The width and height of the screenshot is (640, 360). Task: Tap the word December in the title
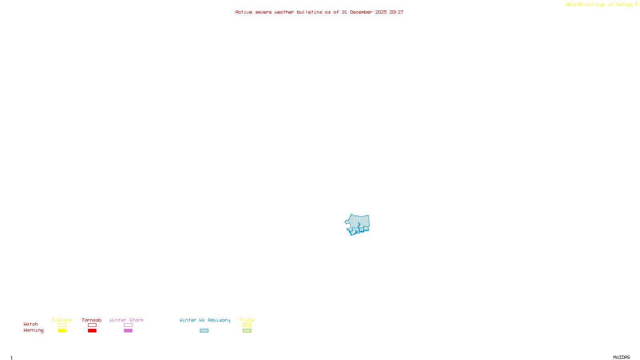click(x=361, y=12)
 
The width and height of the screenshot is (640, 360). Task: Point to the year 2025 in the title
click(x=381, y=12)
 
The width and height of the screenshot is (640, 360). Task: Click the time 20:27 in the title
click(x=396, y=12)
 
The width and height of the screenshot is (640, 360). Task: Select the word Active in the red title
click(x=244, y=12)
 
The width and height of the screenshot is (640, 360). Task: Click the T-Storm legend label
click(x=62, y=320)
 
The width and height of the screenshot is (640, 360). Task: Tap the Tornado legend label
click(x=92, y=320)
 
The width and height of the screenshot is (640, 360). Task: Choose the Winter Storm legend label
click(x=126, y=320)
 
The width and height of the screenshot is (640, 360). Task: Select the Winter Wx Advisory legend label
click(x=205, y=320)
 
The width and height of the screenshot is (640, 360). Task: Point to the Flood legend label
click(x=247, y=320)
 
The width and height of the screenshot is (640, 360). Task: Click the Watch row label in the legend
click(x=31, y=324)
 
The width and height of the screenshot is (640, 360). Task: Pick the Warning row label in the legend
click(x=34, y=330)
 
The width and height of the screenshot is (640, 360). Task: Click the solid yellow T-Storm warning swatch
click(x=62, y=331)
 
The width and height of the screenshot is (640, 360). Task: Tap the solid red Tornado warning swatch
click(x=92, y=331)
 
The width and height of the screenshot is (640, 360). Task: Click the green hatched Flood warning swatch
click(x=247, y=331)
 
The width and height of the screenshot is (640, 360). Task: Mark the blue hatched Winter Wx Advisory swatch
click(x=204, y=331)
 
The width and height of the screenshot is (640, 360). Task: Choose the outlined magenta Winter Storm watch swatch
click(x=128, y=325)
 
